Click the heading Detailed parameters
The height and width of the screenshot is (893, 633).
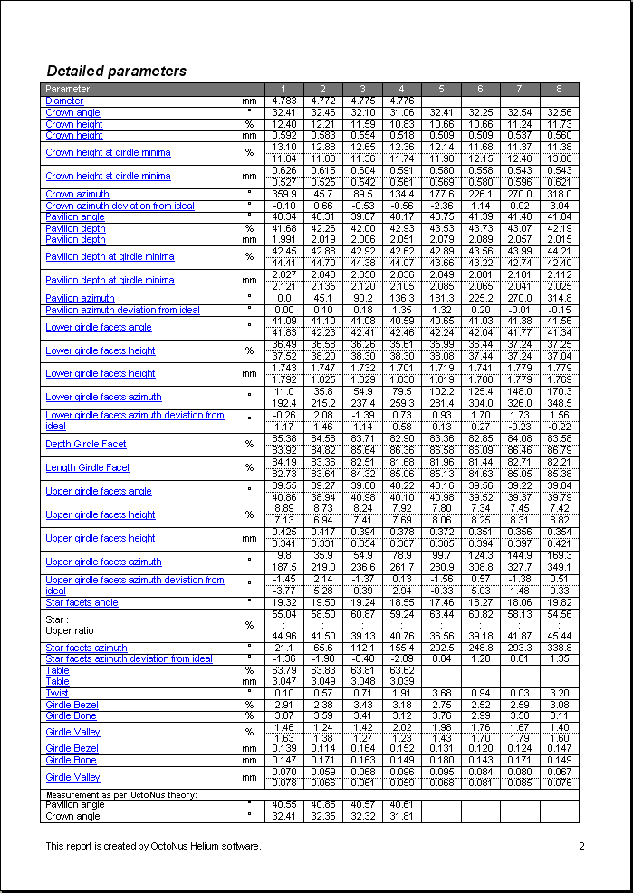[x=116, y=71]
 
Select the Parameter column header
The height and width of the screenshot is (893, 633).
[x=68, y=89]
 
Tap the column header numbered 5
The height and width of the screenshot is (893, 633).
[x=441, y=89]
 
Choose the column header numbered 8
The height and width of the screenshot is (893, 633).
[x=559, y=89]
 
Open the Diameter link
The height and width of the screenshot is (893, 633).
[x=64, y=101]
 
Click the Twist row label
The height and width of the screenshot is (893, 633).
[x=57, y=693]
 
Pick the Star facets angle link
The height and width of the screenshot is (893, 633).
[x=82, y=602]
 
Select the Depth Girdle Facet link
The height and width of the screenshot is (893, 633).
[x=86, y=444]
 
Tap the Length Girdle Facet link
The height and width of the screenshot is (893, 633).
[x=88, y=467]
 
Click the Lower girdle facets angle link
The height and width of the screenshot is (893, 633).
[x=99, y=327]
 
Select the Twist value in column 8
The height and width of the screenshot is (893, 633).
[x=559, y=693]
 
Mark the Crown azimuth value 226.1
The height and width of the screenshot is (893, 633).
[x=480, y=194]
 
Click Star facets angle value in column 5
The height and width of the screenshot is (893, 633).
[x=441, y=602]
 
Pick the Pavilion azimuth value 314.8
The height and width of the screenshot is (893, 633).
[x=559, y=298]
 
